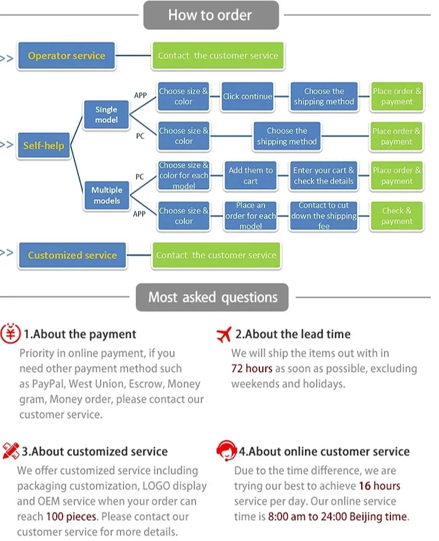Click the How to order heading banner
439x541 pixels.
coord(211,15)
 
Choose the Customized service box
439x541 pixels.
coord(72,255)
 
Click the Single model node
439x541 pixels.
coord(106,115)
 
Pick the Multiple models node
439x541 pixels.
coord(107,196)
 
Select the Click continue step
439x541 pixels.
coord(248,97)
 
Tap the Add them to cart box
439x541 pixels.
coord(251,176)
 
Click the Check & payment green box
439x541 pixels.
coord(396,216)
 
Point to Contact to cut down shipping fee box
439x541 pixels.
coord(324,216)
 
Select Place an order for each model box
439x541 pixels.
coord(251,216)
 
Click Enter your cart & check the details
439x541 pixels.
coord(324,176)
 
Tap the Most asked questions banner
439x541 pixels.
coord(212,297)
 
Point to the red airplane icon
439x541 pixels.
coord(224,335)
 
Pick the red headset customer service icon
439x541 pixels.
coord(226,451)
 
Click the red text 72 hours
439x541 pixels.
coord(252,369)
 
